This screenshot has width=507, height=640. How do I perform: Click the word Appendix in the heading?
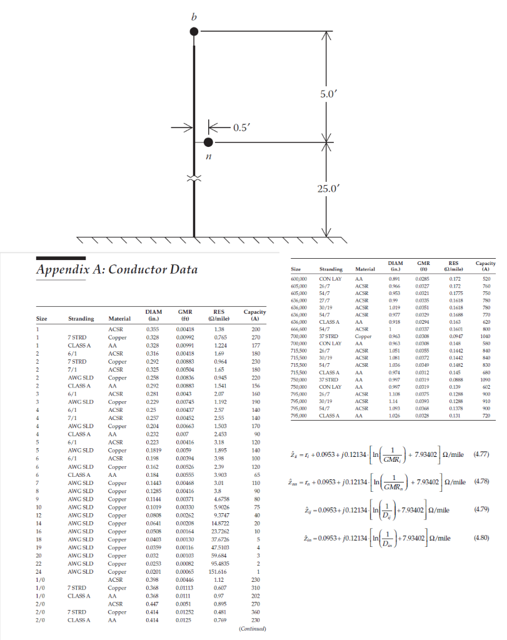tap(66, 269)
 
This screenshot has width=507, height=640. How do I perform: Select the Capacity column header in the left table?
tap(254, 315)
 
